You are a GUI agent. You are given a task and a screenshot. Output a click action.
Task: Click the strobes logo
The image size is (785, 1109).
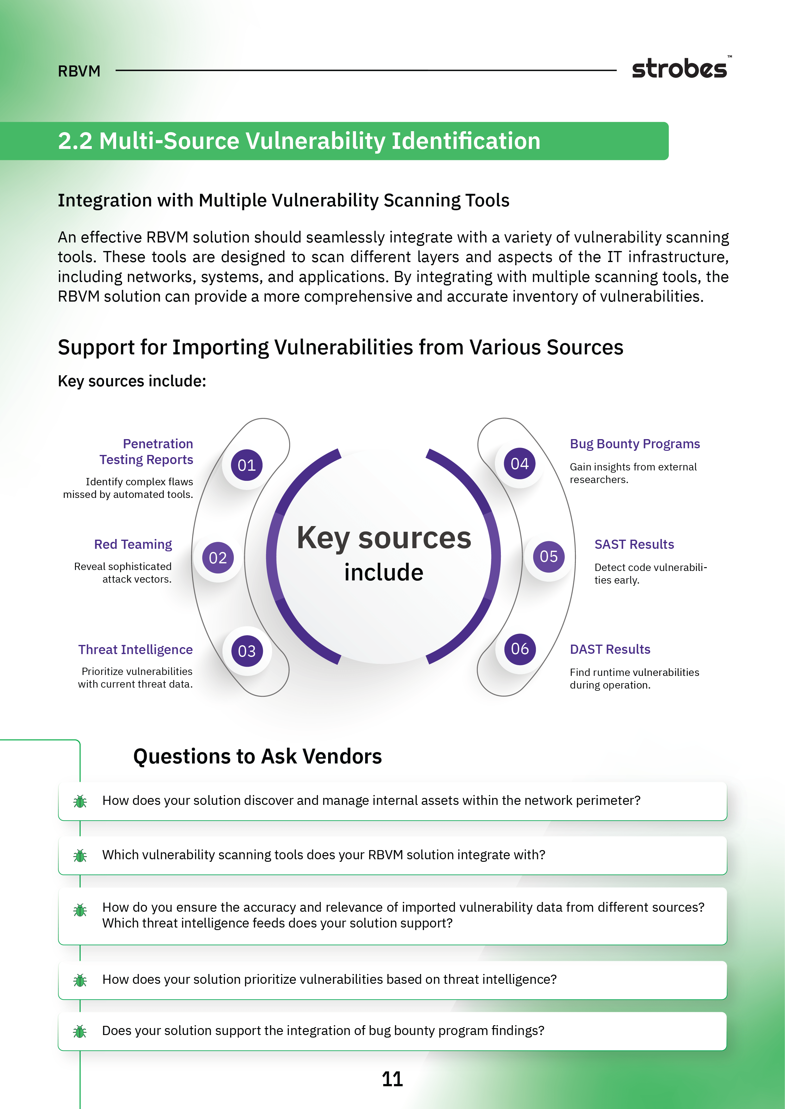pyautogui.click(x=680, y=69)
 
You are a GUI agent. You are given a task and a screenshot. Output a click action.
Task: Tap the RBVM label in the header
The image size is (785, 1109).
pyautogui.click(x=79, y=71)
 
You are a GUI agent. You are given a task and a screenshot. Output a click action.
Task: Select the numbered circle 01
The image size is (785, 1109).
pyautogui.click(x=246, y=465)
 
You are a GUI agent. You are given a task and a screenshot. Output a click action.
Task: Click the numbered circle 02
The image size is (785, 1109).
pyautogui.click(x=217, y=558)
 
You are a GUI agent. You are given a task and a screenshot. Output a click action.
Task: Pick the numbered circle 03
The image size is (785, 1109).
pyautogui.click(x=246, y=651)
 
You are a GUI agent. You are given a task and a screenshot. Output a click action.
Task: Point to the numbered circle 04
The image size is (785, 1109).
pyautogui.click(x=520, y=464)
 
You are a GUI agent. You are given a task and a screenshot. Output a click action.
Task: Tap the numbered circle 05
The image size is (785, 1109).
pyautogui.click(x=549, y=556)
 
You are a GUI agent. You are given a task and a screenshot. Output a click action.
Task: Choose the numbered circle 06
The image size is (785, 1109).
pyautogui.click(x=520, y=649)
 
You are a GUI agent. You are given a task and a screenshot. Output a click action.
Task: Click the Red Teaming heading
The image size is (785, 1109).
pyautogui.click(x=133, y=544)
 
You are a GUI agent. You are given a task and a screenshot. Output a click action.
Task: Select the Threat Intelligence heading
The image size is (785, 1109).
pyautogui.click(x=135, y=650)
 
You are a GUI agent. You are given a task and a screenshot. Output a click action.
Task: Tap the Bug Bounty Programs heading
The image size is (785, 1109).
pyautogui.click(x=635, y=444)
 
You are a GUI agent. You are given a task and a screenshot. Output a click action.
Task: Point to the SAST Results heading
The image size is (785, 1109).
pyautogui.click(x=634, y=544)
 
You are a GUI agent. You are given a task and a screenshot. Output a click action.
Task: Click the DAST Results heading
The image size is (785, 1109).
pyautogui.click(x=610, y=649)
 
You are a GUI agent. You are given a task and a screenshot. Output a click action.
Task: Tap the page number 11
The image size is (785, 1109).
pyautogui.click(x=392, y=1079)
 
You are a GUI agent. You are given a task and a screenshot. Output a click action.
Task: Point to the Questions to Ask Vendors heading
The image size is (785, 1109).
pyautogui.click(x=257, y=757)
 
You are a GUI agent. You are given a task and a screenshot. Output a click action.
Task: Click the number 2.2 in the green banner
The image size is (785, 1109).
pyautogui.click(x=75, y=141)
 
